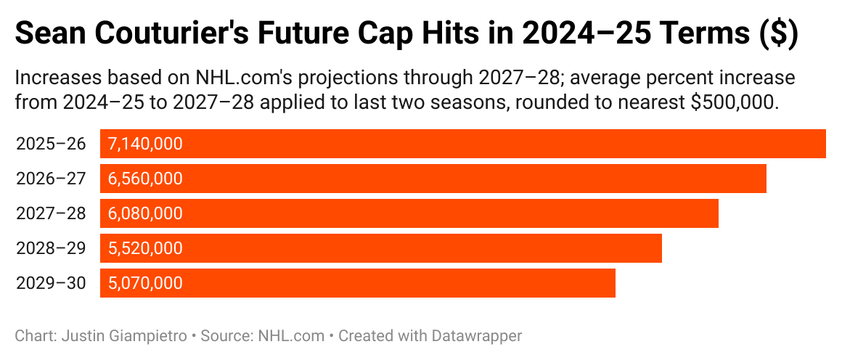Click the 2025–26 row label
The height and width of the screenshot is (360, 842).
(x=50, y=144)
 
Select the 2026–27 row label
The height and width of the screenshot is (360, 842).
(x=50, y=179)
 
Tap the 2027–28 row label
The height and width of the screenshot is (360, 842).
(x=50, y=213)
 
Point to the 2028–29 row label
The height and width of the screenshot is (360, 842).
(x=50, y=248)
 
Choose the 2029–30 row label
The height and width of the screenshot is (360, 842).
(x=50, y=283)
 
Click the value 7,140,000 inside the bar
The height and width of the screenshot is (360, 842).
(x=145, y=144)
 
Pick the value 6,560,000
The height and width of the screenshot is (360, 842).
(x=145, y=179)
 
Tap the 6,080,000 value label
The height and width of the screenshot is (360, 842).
(x=145, y=213)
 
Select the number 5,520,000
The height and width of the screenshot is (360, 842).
(x=145, y=248)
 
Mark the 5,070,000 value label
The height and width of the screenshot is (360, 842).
(x=145, y=283)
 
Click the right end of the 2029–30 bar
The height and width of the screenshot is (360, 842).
(x=614, y=283)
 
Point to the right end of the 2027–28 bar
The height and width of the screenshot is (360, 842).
(x=717, y=213)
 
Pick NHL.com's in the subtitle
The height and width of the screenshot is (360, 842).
(x=235, y=78)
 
